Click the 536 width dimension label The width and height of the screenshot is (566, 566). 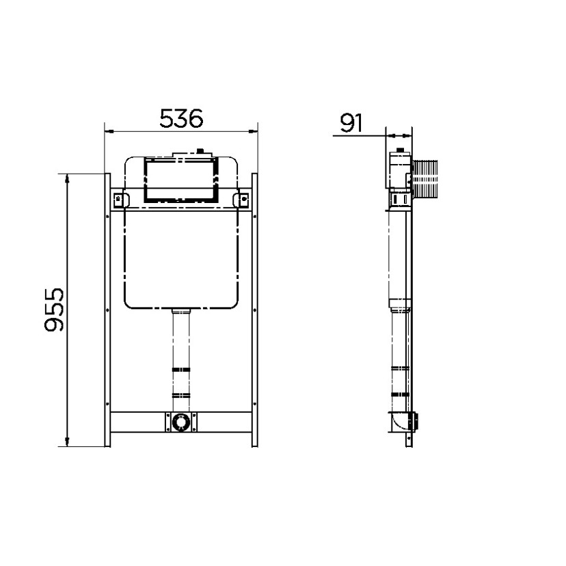point(181,118)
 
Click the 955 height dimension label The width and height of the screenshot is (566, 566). point(54,310)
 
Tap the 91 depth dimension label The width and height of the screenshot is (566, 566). point(351,123)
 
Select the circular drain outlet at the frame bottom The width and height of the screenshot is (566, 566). point(181,422)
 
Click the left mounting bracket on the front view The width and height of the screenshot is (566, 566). point(120,200)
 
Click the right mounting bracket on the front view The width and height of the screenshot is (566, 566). point(241,200)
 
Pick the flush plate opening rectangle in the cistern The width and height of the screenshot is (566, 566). point(181,179)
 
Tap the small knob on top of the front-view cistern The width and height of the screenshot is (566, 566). point(199,151)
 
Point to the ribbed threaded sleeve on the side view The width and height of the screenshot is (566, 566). point(425,178)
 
